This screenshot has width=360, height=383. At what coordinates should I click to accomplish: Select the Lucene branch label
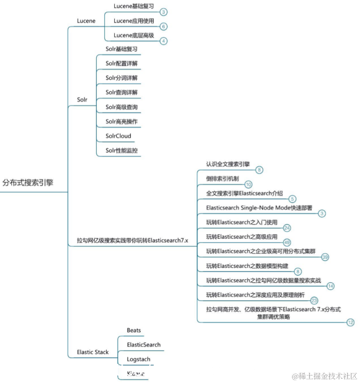pos(86,21)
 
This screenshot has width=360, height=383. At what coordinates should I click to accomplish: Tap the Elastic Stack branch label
pos(93,352)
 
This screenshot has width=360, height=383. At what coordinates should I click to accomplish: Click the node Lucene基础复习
pos(134,6)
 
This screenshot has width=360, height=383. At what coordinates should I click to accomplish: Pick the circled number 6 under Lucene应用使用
pos(164,27)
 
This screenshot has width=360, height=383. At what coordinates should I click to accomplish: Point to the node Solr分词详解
pos(121,78)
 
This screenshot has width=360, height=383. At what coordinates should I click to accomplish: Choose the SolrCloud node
pos(118,136)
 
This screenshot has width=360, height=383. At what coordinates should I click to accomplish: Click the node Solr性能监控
pos(121,150)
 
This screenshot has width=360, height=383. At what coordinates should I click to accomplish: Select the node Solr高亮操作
pos(121,121)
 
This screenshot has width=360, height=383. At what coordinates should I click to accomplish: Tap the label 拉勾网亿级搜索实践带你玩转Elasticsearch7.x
pos(132,240)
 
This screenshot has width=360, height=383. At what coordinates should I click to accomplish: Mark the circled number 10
pos(248,185)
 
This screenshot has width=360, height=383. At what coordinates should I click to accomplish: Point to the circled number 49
pos(287,242)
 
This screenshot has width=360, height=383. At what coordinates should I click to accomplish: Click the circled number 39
pos(325,257)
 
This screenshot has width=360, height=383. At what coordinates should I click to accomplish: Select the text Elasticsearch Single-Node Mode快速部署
pos(259,208)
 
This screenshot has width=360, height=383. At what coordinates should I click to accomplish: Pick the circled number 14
pos(330,286)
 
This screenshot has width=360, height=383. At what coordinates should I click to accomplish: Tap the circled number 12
pos(350,323)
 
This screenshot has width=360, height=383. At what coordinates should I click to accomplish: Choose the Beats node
pos(134,330)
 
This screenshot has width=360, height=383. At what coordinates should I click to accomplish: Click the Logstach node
pos(139,359)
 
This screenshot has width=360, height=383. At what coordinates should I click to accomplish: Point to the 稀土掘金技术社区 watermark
pos(324,376)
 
